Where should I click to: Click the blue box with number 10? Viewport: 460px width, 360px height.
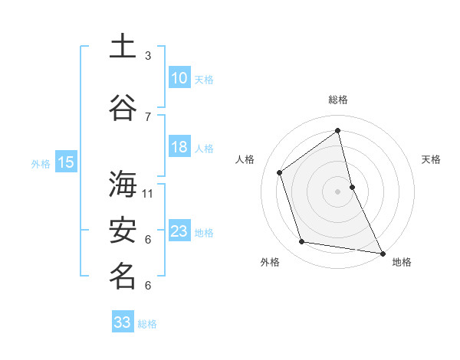click(179, 78)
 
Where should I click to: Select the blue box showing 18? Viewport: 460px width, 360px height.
click(179, 147)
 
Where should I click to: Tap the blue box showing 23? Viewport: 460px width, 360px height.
click(179, 231)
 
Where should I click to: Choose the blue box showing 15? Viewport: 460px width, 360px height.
click(65, 162)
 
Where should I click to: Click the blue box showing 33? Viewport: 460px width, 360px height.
click(123, 322)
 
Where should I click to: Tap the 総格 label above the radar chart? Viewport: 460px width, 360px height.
click(337, 100)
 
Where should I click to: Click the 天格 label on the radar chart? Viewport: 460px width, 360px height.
click(431, 159)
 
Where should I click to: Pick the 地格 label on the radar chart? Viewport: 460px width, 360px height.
click(402, 262)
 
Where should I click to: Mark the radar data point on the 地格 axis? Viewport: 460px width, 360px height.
click(382, 252)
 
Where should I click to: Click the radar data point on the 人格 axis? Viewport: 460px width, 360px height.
click(280, 172)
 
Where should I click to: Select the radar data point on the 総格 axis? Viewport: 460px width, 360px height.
click(337, 130)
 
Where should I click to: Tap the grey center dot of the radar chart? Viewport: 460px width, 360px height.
click(337, 191)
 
